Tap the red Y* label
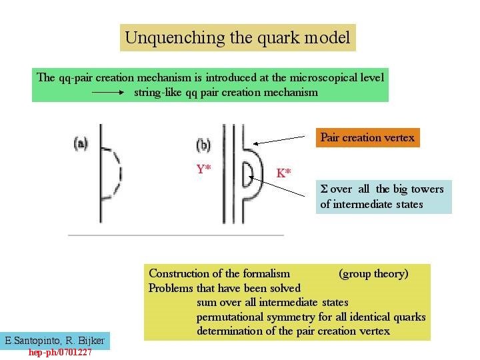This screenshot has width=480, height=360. click(x=203, y=169)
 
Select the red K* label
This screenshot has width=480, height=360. click(x=284, y=173)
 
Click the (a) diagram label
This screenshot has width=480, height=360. click(x=81, y=143)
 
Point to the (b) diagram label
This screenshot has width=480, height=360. click(x=203, y=144)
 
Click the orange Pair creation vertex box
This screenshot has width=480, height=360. click(x=368, y=138)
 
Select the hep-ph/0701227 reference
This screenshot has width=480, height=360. click(x=60, y=352)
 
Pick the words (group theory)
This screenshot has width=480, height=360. click(x=373, y=273)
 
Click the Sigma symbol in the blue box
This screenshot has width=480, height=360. click(x=324, y=189)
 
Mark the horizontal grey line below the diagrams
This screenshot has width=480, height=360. click(x=176, y=235)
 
